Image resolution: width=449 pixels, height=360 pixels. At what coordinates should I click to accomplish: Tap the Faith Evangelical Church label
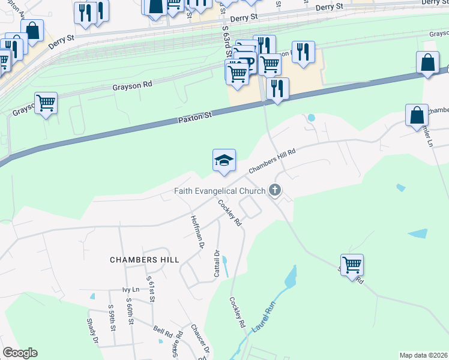click(x=220, y=191)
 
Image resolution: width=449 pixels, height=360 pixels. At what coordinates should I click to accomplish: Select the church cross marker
click(x=275, y=191)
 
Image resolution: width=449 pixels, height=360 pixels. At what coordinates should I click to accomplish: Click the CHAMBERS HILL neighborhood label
click(x=144, y=260)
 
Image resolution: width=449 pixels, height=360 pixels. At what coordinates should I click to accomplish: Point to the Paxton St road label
click(x=195, y=117)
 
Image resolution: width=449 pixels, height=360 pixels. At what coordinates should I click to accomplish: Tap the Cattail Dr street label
click(x=217, y=263)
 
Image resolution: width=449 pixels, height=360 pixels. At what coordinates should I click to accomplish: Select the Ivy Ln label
click(x=130, y=290)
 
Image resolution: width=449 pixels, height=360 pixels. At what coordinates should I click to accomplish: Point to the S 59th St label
click(x=111, y=316)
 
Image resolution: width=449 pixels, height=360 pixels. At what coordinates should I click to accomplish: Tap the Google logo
click(x=20, y=353)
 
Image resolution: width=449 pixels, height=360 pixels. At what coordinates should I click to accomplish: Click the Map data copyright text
click(x=423, y=355)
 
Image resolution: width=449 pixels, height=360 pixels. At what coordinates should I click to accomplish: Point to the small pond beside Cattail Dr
click(x=225, y=265)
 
